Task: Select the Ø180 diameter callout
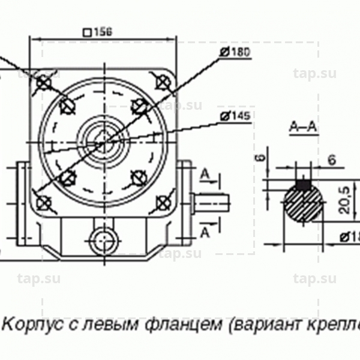tap(235, 52)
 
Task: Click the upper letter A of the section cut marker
tap(204, 175)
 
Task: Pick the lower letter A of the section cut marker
tap(204, 232)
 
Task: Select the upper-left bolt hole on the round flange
tap(67, 107)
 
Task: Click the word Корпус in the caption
tap(29, 325)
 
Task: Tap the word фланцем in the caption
tap(181, 325)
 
